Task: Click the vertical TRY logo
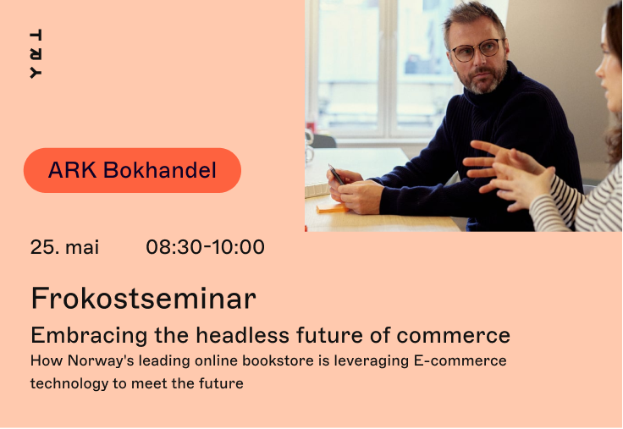pos(36,53)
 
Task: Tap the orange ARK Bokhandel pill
pos(132,170)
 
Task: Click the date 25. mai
pos(64,247)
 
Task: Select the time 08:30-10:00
pos(205,247)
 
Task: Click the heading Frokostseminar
pos(143,299)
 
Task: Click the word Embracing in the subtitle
pos(90,336)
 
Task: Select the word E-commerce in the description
pos(460,360)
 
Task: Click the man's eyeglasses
pos(477,51)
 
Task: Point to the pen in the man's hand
pos(336,174)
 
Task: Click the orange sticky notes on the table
pos(332,208)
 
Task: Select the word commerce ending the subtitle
pos(454,336)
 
